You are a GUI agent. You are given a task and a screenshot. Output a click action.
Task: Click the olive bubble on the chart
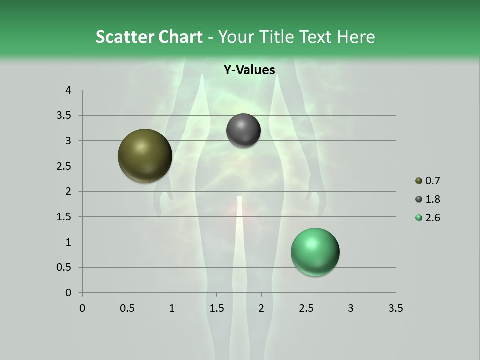pos(145,156)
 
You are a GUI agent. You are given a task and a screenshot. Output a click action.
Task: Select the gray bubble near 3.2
pos(243,131)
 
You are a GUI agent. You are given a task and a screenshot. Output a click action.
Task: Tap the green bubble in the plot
pos(315,252)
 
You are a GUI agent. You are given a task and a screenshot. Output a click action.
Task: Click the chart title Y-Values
pos(249,70)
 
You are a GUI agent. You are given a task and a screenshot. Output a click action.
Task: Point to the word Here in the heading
pos(356,37)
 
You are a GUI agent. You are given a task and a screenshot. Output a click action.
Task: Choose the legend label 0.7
pos(432,181)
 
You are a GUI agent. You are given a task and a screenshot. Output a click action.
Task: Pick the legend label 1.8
pos(432,199)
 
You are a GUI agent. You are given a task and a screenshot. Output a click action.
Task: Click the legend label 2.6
pos(432,218)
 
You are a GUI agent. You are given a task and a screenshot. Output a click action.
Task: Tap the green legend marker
pos(418,218)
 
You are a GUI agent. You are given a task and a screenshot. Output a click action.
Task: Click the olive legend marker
pos(418,181)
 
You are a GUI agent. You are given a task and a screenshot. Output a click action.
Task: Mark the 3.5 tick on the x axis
pos(395,308)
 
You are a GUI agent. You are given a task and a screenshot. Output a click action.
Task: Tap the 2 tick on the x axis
pos(261,308)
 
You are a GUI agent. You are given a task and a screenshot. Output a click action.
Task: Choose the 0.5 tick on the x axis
pos(127,308)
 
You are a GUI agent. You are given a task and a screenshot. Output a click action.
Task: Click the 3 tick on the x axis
pos(351,308)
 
